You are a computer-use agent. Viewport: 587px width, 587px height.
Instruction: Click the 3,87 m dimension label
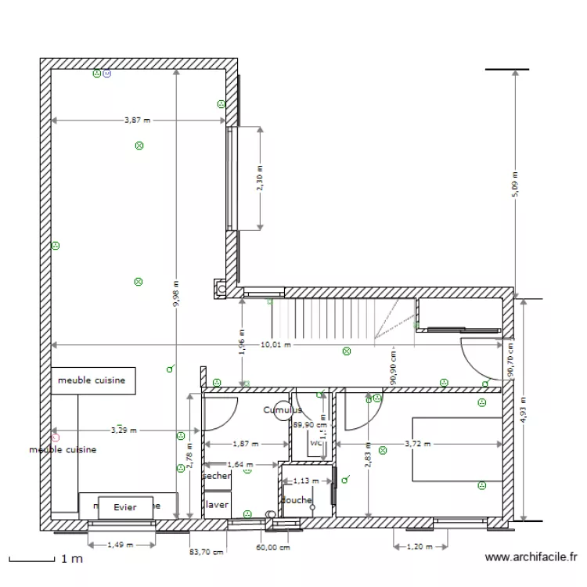point(137,121)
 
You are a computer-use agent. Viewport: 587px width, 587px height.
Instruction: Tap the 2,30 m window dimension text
point(261,178)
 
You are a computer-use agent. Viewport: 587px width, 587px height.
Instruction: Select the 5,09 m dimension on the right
point(514,184)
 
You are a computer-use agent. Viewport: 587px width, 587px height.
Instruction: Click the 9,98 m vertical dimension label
point(177,294)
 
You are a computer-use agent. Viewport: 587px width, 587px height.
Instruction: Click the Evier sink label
point(124,507)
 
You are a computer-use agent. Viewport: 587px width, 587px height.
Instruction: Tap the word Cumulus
point(283,409)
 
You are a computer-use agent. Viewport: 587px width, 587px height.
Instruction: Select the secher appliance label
point(217,475)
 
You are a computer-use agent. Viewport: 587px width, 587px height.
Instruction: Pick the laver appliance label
point(217,505)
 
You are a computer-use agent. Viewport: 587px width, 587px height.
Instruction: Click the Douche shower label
point(297,500)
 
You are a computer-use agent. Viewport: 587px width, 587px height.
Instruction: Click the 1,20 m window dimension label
point(420,546)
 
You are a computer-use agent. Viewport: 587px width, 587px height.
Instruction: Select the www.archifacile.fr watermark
point(532,558)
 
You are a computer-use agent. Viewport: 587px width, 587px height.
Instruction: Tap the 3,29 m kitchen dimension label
point(119,430)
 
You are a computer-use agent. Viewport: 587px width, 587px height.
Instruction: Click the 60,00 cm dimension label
point(268,548)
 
